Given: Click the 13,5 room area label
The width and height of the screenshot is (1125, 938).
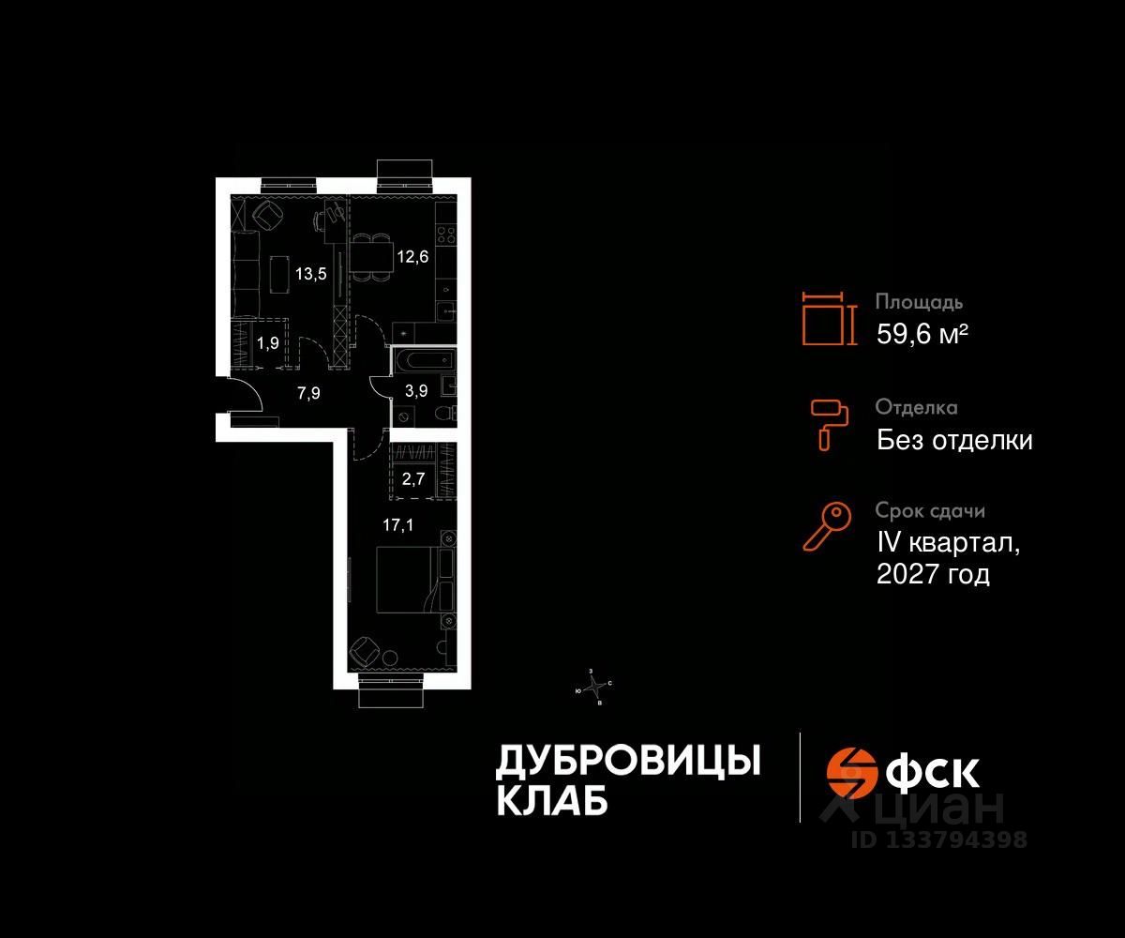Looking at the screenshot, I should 312,275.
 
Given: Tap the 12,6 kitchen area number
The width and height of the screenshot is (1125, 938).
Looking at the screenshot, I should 412,257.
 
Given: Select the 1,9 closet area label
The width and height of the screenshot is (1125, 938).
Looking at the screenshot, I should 268,342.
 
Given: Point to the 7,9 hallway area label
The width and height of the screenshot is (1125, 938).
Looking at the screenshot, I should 308,393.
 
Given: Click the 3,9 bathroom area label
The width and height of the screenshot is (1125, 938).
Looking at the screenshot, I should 415,392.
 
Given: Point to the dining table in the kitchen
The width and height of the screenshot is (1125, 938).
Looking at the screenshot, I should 369,255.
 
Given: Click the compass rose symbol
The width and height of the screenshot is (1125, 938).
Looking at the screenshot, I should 592,687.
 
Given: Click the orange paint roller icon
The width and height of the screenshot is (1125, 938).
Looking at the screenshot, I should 829,422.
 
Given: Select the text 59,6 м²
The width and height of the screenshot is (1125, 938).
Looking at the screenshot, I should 922,334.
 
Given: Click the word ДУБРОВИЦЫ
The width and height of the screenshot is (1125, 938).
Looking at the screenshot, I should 627,762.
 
